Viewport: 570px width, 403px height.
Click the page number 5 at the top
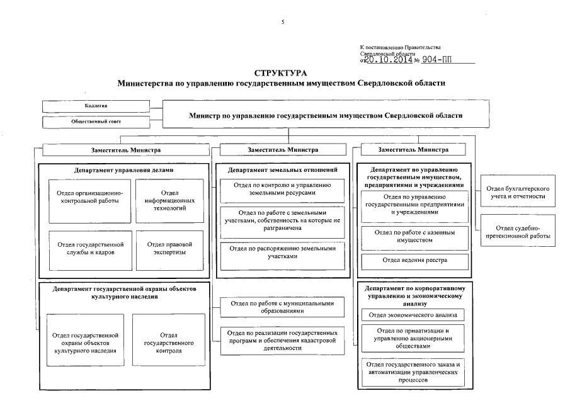coord(283,23)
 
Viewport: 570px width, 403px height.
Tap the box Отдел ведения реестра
coord(414,260)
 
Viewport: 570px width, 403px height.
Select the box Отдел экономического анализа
coord(414,315)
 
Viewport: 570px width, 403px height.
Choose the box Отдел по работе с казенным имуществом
coord(414,236)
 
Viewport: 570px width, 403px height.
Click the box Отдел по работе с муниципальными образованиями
coord(282,307)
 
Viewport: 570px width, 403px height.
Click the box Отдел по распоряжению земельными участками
coord(282,252)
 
